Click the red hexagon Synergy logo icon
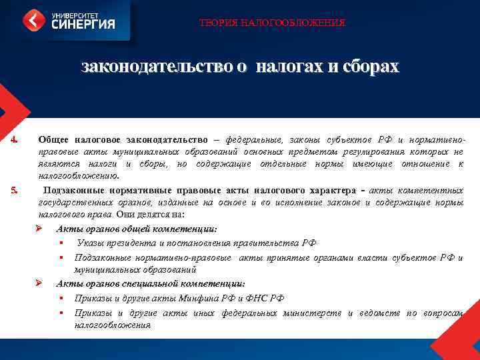click(x=34, y=20)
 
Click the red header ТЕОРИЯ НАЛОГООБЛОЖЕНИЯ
click(x=272, y=23)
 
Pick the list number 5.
click(x=13, y=191)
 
